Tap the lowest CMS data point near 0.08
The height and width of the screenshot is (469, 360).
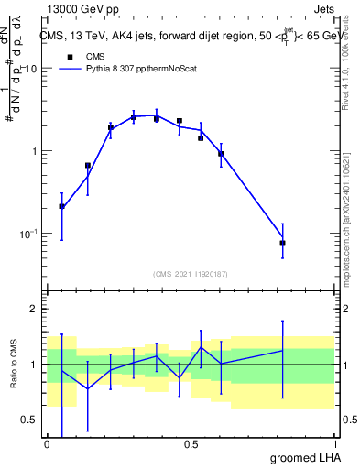point(283,243)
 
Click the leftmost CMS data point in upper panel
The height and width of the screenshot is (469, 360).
point(61,206)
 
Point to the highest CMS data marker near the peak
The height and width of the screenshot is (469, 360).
point(134,117)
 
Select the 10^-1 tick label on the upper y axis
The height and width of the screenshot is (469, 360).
point(27,234)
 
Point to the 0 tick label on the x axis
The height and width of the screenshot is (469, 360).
point(47,444)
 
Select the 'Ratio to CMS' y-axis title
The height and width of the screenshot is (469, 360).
point(13,365)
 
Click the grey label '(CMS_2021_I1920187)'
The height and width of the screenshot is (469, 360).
point(190,274)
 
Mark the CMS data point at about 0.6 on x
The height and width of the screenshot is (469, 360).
point(221,154)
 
